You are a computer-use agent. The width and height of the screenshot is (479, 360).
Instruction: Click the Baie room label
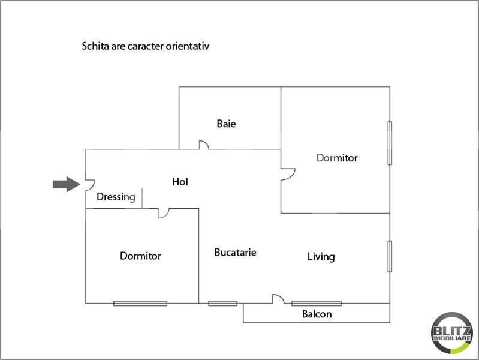(x=226, y=124)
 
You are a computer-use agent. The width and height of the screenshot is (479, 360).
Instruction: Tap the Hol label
(x=180, y=181)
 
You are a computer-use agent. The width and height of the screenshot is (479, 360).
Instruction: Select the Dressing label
(x=116, y=196)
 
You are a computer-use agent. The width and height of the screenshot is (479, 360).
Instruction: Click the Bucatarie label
(x=235, y=253)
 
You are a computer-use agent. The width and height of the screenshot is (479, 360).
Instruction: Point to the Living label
(x=321, y=257)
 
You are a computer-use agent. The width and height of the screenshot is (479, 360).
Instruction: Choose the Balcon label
(x=317, y=314)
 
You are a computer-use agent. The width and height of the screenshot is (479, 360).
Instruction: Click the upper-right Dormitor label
(x=337, y=158)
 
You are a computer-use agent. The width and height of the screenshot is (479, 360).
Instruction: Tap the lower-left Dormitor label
(x=140, y=256)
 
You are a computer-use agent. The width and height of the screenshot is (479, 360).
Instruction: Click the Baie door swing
(x=204, y=145)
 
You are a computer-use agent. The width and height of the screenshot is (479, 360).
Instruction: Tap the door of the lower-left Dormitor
(x=163, y=213)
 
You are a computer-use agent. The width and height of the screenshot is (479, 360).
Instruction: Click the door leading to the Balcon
(x=278, y=299)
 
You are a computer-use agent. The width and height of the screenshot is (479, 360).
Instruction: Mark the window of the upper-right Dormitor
(x=390, y=143)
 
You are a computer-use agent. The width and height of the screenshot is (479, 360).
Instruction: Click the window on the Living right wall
(x=390, y=256)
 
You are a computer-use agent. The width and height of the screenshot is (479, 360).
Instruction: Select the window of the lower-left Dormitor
(x=140, y=303)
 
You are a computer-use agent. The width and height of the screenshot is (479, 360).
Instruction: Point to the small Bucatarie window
(x=222, y=303)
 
